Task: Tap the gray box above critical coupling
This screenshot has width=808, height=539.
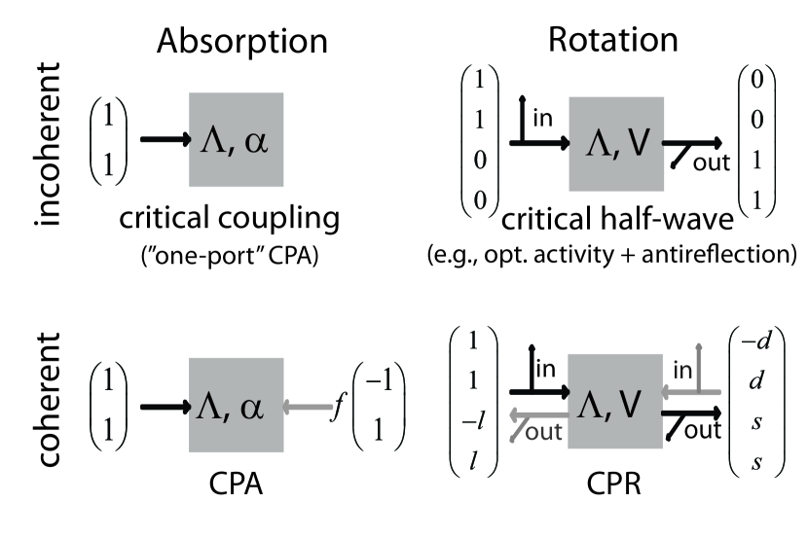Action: [x=237, y=139]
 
